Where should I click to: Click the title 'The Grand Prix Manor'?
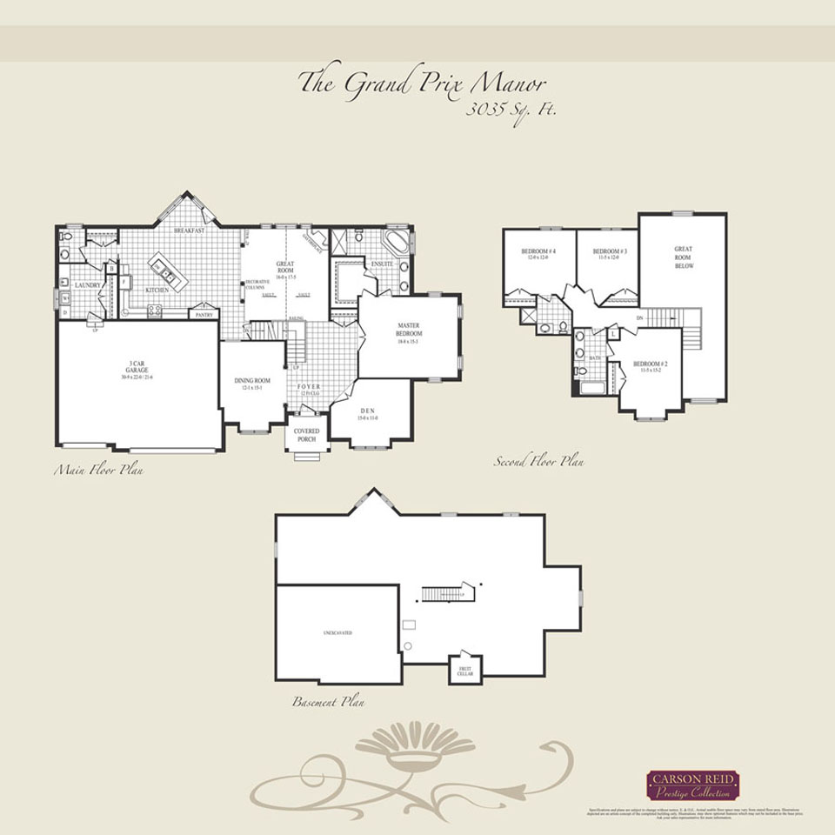click(422, 83)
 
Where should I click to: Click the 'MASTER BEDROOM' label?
click(409, 331)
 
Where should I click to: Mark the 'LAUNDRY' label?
click(88, 285)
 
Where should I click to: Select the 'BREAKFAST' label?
click(189, 230)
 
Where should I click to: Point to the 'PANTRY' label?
click(203, 314)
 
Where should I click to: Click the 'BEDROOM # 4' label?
click(540, 253)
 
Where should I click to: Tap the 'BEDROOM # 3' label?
click(611, 253)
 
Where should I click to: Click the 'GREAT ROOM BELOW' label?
click(684, 257)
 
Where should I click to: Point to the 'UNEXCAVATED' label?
click(337, 632)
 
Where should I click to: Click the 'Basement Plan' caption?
click(329, 701)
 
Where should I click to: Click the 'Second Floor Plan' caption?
click(538, 462)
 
